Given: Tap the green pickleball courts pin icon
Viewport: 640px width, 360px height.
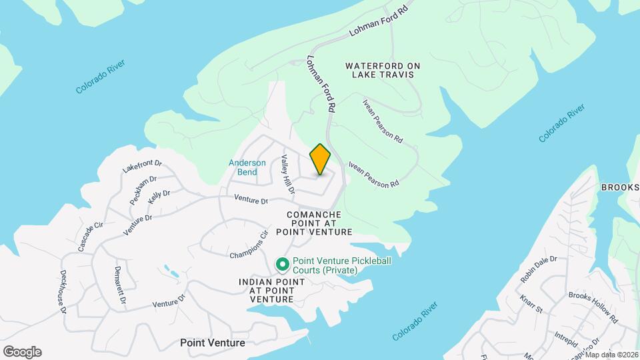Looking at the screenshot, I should [283, 265].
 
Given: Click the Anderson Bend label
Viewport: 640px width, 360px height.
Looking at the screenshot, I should [247, 167].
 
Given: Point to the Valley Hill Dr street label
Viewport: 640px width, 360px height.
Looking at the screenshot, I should [287, 175].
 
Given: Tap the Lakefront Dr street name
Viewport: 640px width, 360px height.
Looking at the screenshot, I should [143, 166].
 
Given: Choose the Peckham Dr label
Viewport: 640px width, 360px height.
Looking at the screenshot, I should [143, 189].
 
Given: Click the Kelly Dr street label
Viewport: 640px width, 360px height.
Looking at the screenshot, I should [159, 197].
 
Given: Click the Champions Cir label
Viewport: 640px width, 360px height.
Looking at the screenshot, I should [248, 245].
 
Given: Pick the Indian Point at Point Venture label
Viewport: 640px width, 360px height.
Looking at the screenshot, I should [272, 291].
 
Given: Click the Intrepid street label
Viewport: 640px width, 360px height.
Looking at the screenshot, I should [565, 337].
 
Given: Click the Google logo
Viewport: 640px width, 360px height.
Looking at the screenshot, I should [22, 352].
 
